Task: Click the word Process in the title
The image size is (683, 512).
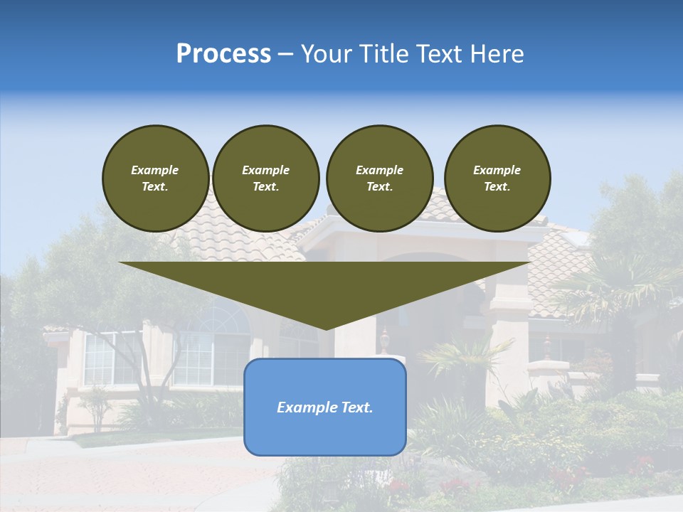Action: (x=223, y=54)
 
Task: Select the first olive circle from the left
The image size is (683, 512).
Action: (x=155, y=178)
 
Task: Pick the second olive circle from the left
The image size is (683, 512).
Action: (x=265, y=178)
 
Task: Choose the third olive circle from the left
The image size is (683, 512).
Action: (x=379, y=178)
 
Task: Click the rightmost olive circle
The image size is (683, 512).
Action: (x=497, y=178)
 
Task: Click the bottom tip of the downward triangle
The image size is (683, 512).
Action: (x=326, y=328)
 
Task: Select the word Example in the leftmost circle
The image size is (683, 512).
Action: (x=155, y=170)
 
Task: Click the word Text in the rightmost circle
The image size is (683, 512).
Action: (x=496, y=187)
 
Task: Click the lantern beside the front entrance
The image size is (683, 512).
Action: (x=385, y=340)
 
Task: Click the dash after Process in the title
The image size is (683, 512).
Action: (x=286, y=54)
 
